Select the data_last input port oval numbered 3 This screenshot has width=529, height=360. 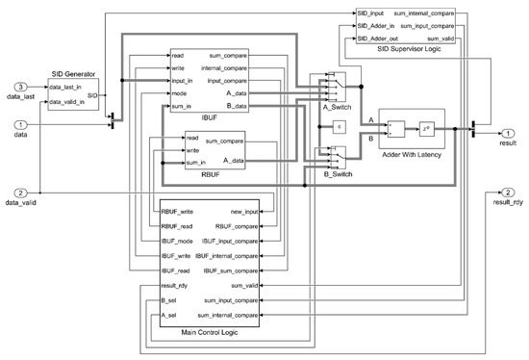[x=21, y=88]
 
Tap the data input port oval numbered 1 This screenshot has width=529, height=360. [x=21, y=124]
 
